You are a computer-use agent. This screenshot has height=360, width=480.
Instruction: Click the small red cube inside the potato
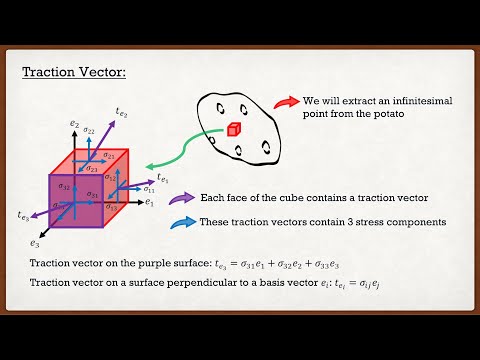tap(232, 129)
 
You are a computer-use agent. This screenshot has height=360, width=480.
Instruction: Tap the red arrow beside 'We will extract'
tap(286, 102)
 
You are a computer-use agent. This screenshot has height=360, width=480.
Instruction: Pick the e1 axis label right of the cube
tap(148, 202)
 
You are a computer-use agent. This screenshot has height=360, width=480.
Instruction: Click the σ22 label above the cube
tap(89, 130)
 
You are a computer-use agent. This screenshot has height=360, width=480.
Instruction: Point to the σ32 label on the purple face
tap(64, 186)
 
